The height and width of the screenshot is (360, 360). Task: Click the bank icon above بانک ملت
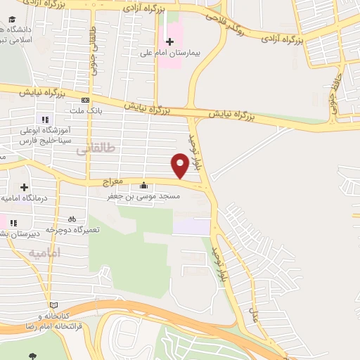coord(85,100)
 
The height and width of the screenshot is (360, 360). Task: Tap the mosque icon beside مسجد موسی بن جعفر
coord(144,186)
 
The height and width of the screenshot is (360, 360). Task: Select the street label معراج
coord(112,181)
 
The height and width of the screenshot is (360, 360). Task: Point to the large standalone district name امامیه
coord(46,252)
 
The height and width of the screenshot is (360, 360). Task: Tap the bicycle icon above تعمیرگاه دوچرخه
coord(72,219)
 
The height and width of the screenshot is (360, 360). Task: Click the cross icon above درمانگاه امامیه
coord(25,187)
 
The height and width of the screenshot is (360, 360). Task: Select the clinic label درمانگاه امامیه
coord(22,198)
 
